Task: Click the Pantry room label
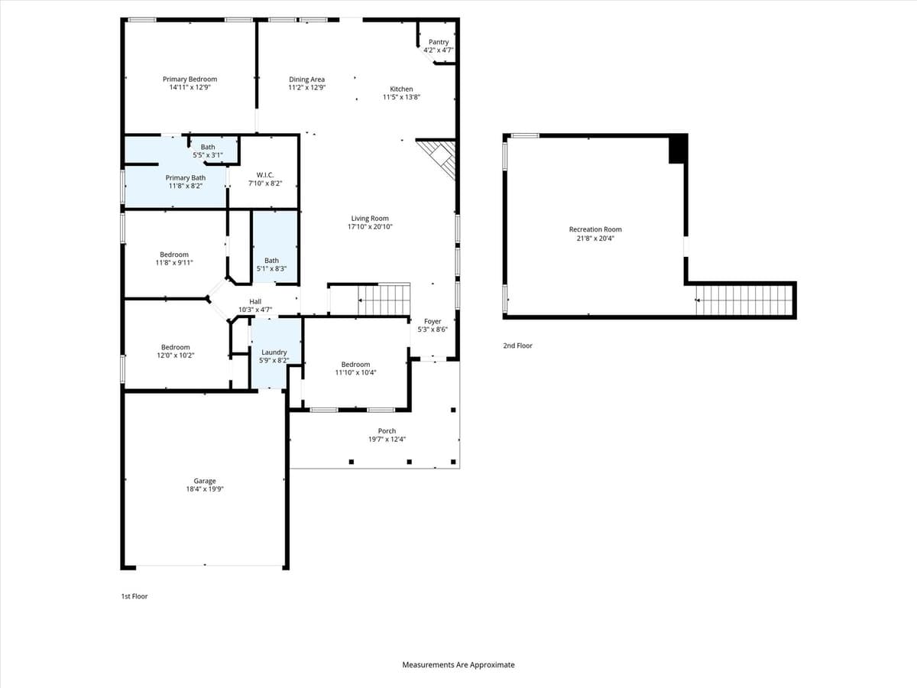pos(439,42)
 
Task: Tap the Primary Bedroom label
pos(190,79)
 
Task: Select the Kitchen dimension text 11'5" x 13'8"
pos(401,97)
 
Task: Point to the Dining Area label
pos(306,80)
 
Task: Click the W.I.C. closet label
pos(265,175)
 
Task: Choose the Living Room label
pos(370,219)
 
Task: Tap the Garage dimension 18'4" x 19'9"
pos(204,489)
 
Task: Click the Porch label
pos(387,431)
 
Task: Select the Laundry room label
pos(274,352)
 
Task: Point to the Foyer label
pos(433,322)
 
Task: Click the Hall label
pos(255,302)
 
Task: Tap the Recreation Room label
pos(595,229)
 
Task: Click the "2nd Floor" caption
pos(517,346)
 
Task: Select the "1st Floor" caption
pos(134,596)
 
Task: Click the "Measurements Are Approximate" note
pos(458,665)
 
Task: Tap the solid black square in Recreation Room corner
pos(678,149)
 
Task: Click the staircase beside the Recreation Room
pos(741,300)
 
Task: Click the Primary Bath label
pos(185,178)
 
